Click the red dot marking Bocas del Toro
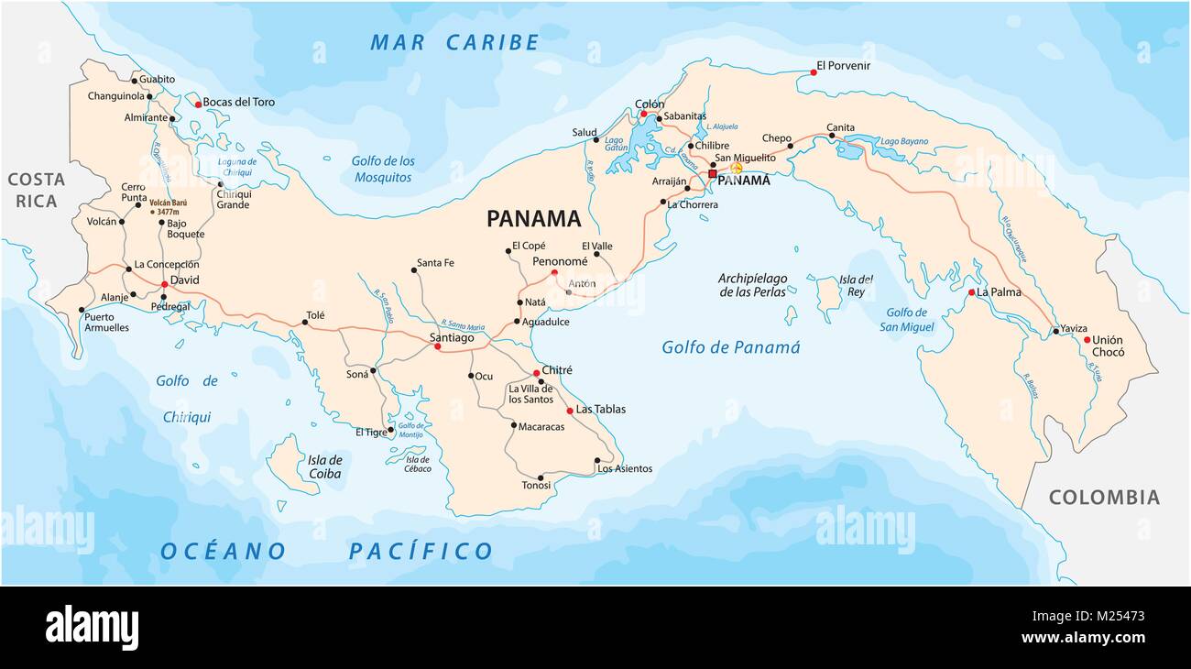[198, 104]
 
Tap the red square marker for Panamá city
[712, 173]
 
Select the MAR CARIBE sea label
[454, 42]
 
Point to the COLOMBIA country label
[1104, 498]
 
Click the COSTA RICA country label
[36, 191]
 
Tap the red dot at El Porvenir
[813, 72]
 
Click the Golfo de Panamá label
[730, 347]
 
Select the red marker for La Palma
[971, 292]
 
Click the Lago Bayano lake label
[903, 142]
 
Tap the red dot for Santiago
[437, 346]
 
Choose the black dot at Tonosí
[541, 477]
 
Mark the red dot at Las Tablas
[570, 411]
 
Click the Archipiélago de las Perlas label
[752, 285]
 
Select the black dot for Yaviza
[1055, 331]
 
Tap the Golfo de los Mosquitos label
[383, 169]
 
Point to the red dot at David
[165, 285]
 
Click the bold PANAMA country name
[533, 218]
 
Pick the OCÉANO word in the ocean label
[223, 551]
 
